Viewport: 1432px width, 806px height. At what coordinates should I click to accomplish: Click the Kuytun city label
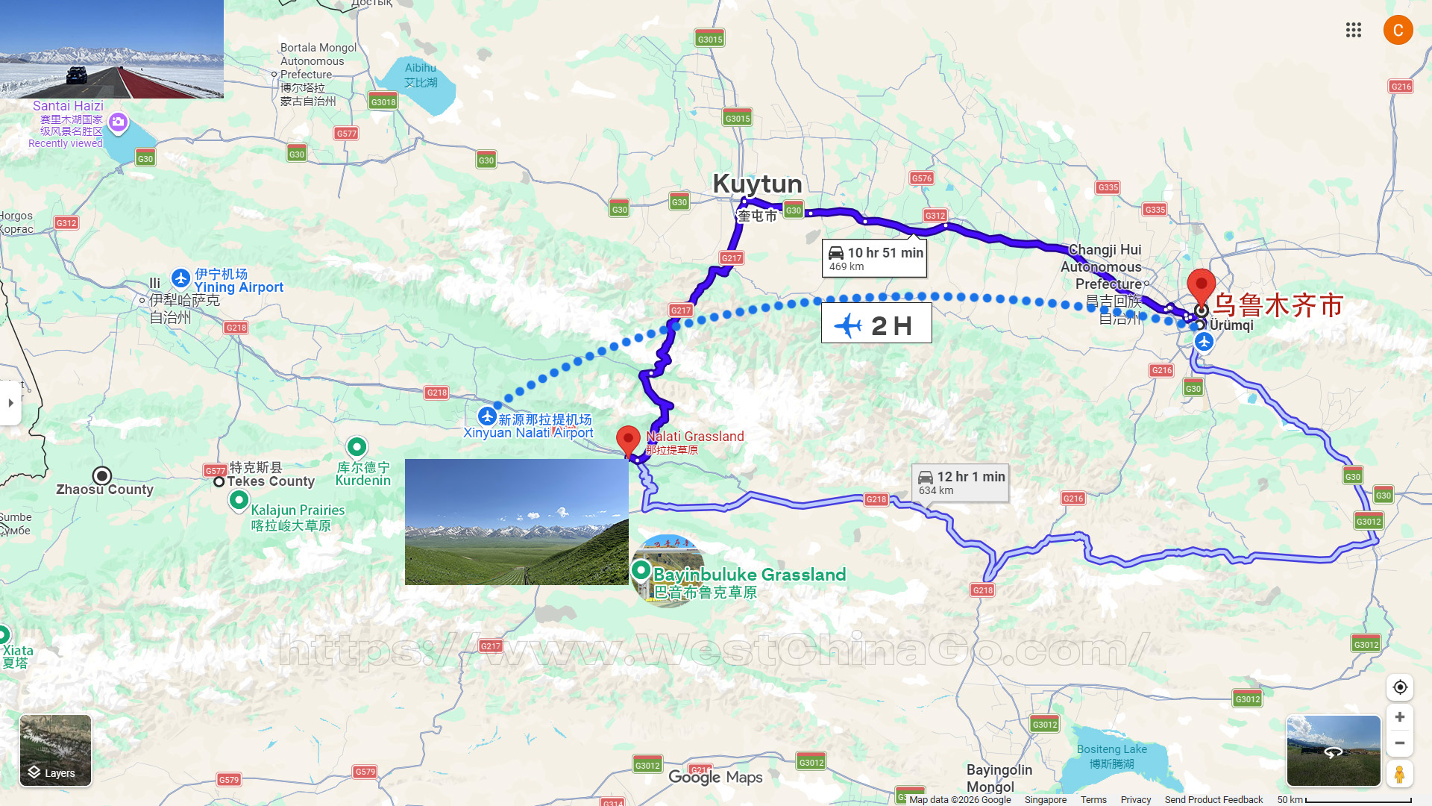[x=757, y=184]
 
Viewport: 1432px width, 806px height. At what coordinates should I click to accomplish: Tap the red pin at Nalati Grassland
[x=628, y=440]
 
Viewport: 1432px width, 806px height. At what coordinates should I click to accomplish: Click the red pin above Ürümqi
[x=1201, y=286]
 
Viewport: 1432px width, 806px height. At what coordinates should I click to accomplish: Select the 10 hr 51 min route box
[x=875, y=258]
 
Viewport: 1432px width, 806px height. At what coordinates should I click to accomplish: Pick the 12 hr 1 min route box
[x=961, y=482]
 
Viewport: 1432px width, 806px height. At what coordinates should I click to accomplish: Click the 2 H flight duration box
[x=876, y=325]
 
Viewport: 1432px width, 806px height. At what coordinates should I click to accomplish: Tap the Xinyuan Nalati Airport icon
[x=488, y=416]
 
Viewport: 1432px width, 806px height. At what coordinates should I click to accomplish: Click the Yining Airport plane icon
[x=180, y=278]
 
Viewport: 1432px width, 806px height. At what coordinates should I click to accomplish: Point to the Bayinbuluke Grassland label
[x=749, y=575]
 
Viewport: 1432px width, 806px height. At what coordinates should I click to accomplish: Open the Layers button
[x=56, y=750]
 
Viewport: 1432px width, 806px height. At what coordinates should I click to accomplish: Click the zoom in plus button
[x=1400, y=717]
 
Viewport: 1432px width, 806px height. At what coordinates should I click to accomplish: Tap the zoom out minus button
[x=1400, y=743]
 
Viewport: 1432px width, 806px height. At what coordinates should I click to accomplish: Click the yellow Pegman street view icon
[x=1400, y=774]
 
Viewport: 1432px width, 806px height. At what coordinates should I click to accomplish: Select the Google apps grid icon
[x=1354, y=30]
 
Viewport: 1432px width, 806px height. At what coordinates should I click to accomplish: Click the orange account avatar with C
[x=1398, y=30]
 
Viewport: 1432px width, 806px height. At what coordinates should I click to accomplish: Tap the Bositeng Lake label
[x=1111, y=749]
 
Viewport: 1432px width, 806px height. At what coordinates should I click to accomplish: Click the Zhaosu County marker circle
[x=102, y=476]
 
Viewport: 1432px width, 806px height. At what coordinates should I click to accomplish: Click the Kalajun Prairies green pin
[x=239, y=500]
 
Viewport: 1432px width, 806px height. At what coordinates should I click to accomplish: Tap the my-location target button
[x=1400, y=687]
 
